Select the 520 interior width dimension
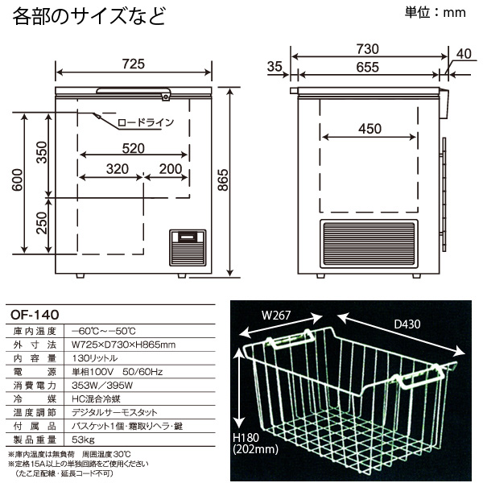(134, 149)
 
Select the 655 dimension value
(368, 68)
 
